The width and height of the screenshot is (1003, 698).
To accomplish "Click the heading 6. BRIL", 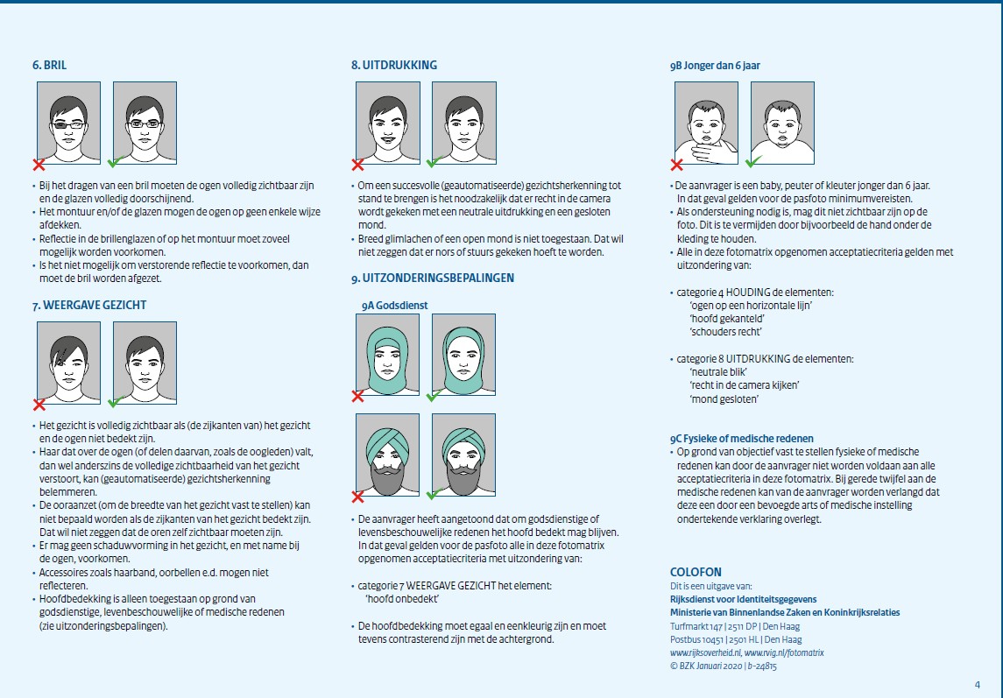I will [x=49, y=65].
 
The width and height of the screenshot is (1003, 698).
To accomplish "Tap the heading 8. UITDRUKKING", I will [x=393, y=65].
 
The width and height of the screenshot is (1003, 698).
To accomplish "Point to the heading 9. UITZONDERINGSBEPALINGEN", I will [x=432, y=278].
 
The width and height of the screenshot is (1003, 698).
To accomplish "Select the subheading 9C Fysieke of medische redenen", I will [x=741, y=438].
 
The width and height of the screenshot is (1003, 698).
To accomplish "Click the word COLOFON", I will [x=696, y=573].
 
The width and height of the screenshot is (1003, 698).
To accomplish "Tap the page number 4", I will [x=977, y=685].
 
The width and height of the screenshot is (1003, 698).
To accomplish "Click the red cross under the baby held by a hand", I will [x=676, y=164].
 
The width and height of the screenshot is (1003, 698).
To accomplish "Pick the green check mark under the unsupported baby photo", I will [x=753, y=163].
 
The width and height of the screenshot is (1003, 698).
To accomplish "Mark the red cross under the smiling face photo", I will [x=357, y=164].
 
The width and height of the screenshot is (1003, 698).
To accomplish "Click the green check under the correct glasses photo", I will [x=113, y=164].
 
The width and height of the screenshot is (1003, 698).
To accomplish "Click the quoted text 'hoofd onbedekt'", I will [x=401, y=598].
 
